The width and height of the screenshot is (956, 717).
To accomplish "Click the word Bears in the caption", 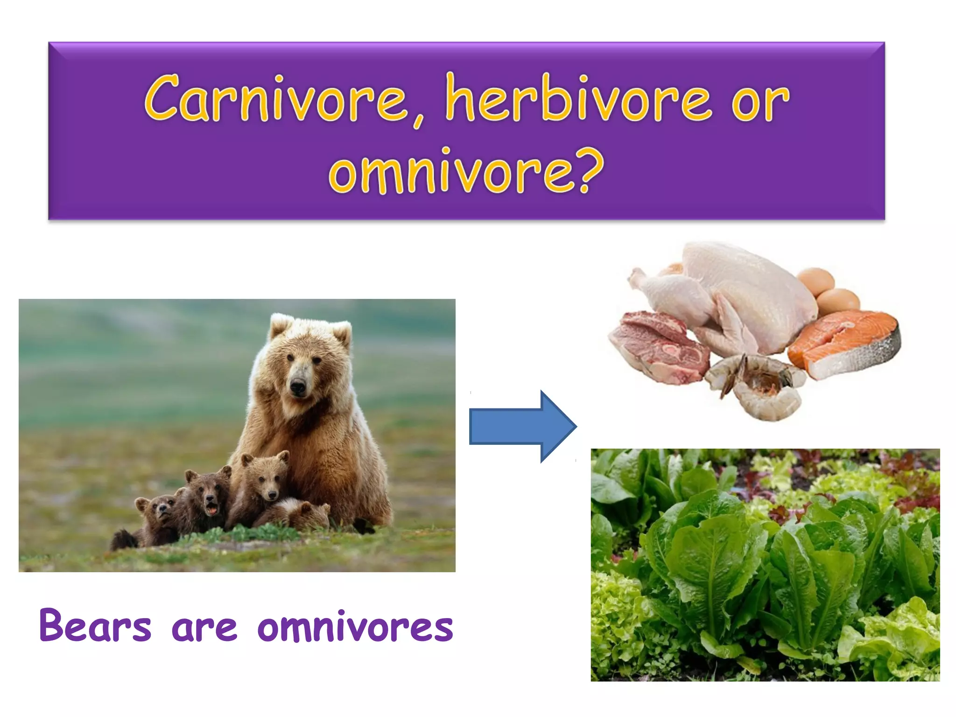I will (x=95, y=626).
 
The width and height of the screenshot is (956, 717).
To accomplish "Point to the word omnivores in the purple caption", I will (x=355, y=626).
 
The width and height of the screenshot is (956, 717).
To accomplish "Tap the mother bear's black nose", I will (x=297, y=387).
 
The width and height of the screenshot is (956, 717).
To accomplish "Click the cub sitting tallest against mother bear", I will (x=264, y=481).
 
